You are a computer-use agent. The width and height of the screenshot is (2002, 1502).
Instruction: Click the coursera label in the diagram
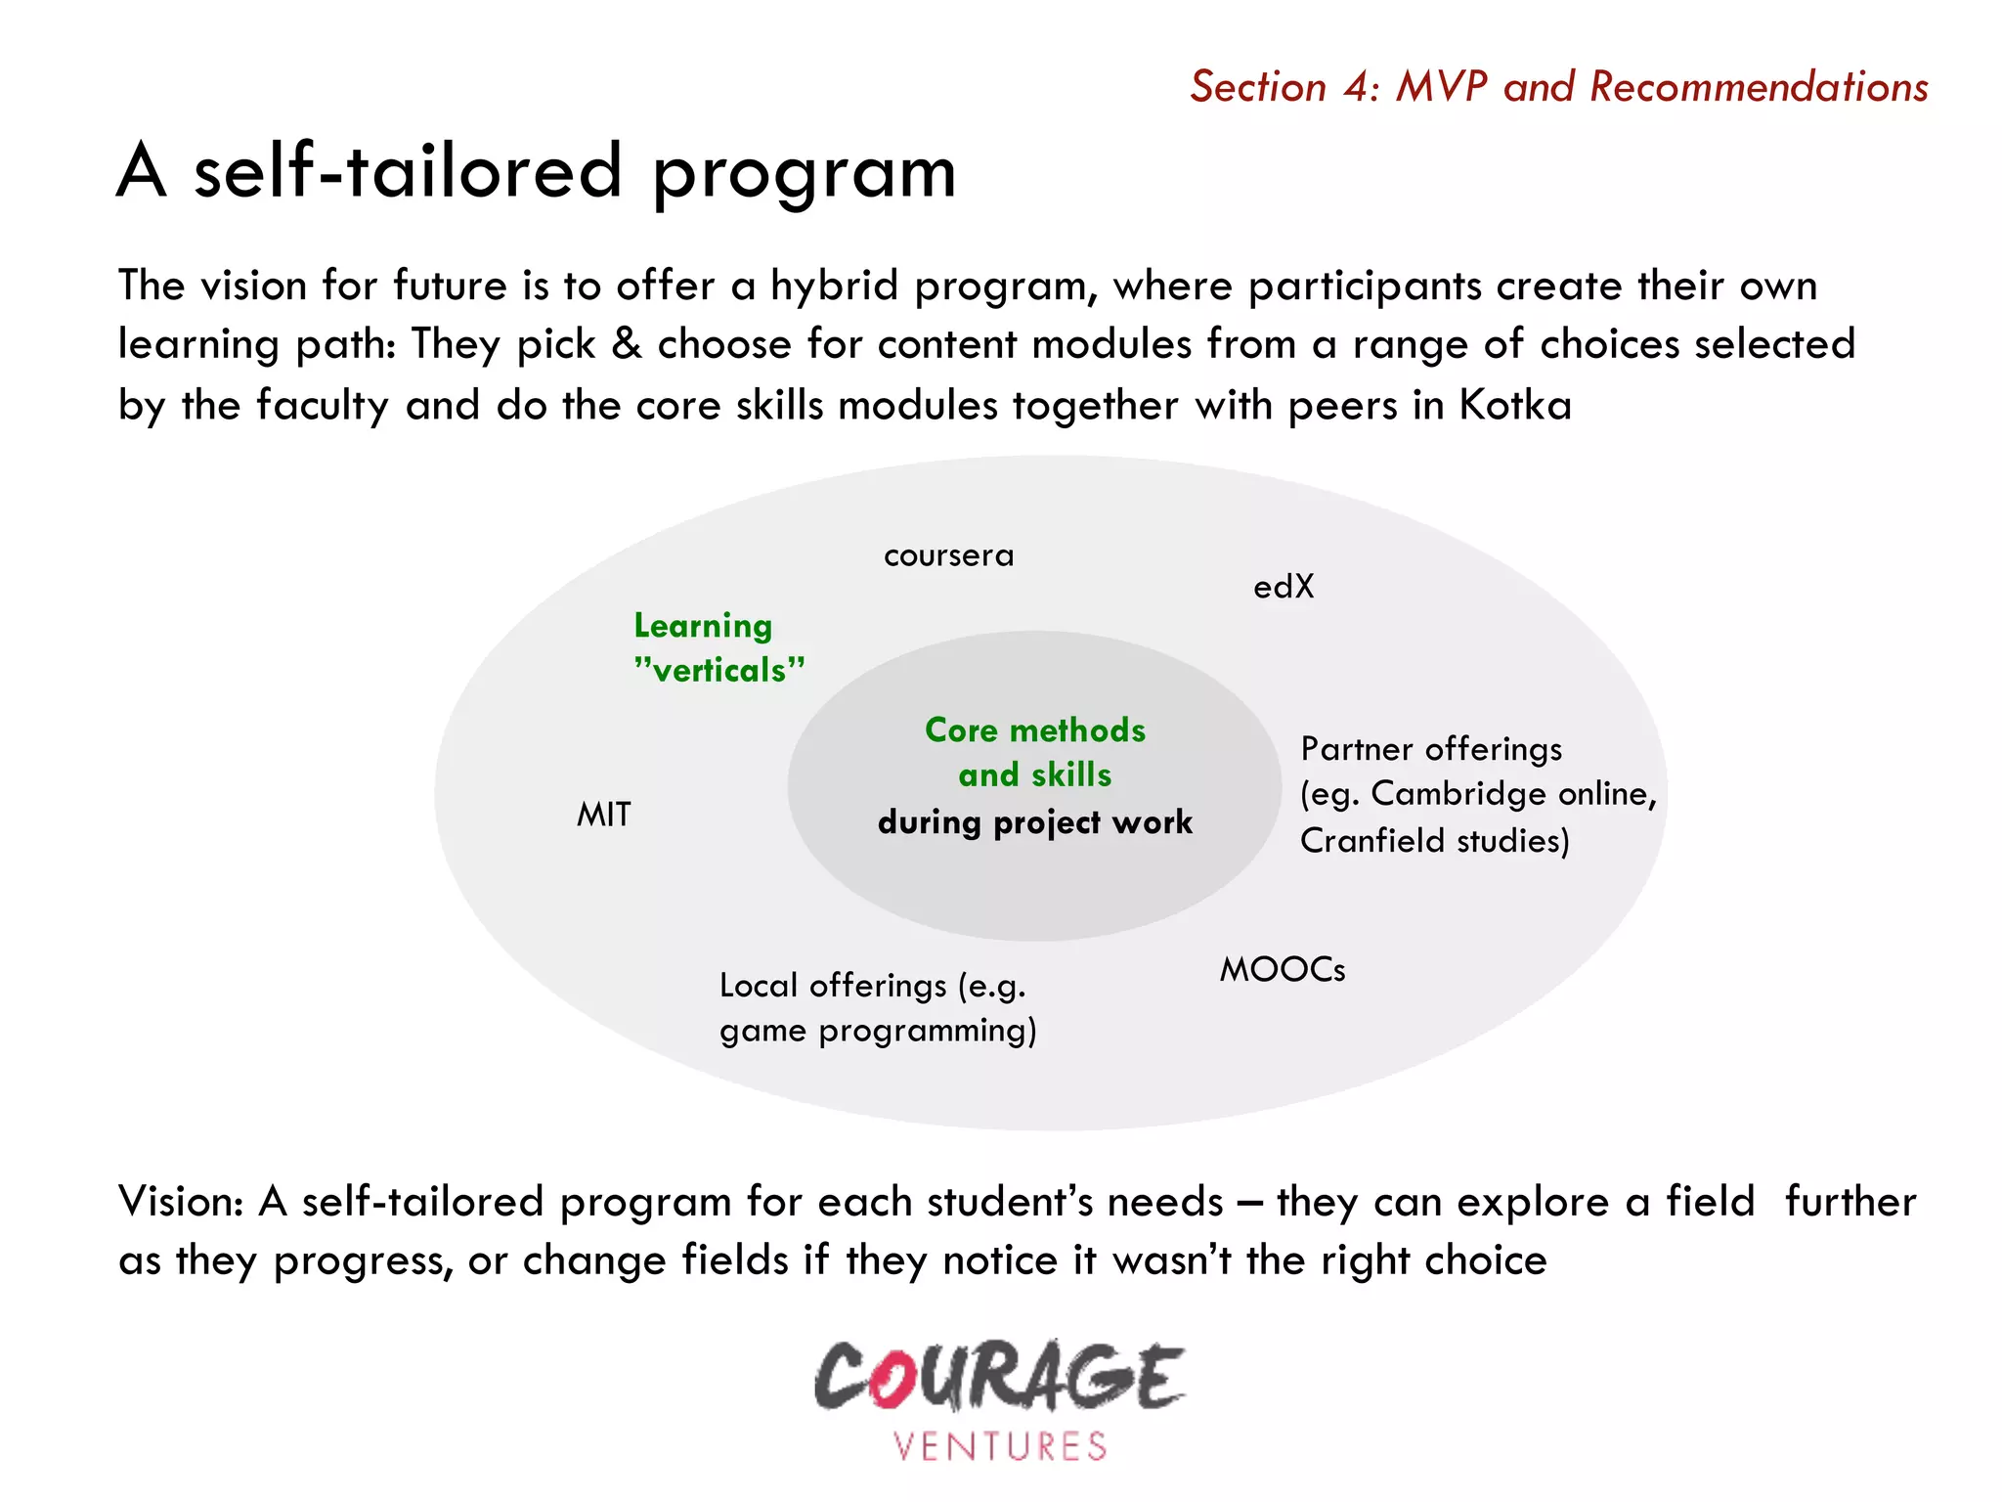948,556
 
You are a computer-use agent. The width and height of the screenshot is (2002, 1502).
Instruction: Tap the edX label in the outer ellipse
1284,587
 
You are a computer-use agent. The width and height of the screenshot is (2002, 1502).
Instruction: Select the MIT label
604,815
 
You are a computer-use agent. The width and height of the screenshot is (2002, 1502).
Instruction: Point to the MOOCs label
1282,970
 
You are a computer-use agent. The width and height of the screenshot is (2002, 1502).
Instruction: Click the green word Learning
703,626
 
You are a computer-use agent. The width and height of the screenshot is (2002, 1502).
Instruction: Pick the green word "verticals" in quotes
719,671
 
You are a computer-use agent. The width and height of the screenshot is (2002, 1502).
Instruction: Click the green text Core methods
1035,730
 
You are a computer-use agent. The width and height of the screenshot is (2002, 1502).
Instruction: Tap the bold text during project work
1035,822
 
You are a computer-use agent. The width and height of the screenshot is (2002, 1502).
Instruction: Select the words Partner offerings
1431,749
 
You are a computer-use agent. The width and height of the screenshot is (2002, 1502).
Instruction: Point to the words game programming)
878,1032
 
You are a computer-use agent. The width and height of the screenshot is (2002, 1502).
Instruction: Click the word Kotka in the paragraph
1515,405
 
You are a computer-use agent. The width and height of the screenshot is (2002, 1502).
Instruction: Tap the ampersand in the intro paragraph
627,344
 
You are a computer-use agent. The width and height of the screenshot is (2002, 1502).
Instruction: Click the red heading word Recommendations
1759,87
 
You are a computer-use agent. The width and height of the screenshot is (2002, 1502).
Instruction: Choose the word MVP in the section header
1441,87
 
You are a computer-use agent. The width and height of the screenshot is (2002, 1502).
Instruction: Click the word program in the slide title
804,173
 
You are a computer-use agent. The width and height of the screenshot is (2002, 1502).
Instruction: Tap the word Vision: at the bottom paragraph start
181,1202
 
